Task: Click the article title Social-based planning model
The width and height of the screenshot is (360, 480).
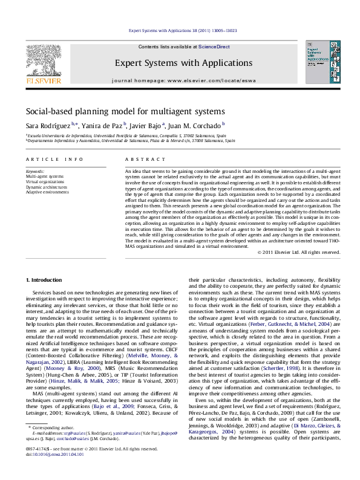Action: point(125,111)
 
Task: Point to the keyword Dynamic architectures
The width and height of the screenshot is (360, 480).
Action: point(47,187)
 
